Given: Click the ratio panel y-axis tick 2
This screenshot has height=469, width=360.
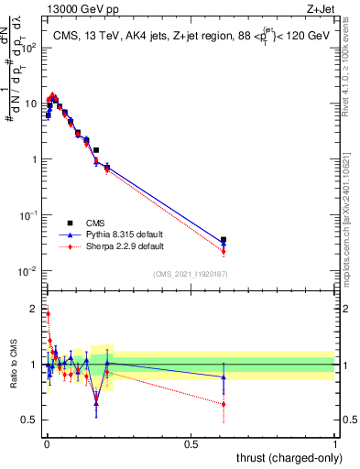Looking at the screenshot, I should tap(34, 308).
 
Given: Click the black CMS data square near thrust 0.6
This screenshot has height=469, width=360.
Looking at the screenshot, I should tap(224, 240).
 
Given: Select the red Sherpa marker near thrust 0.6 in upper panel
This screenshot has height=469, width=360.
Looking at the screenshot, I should tap(224, 251).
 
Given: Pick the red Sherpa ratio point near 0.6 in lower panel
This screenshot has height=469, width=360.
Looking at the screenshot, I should tap(224, 404).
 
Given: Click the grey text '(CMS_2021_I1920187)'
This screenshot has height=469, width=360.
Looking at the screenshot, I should tap(190, 274).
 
